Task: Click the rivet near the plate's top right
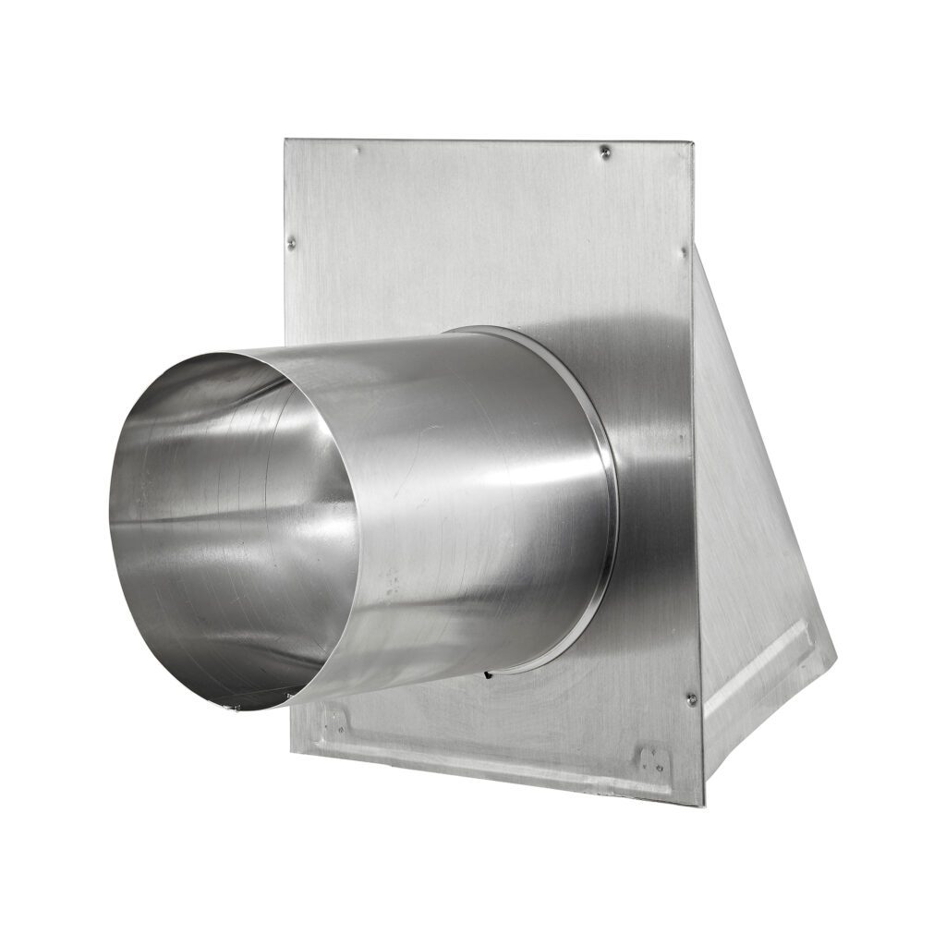click(x=605, y=150)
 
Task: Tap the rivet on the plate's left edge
click(x=292, y=242)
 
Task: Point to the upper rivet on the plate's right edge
click(x=685, y=250)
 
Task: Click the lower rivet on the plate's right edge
click(x=691, y=699)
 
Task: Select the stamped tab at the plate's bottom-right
click(x=652, y=759)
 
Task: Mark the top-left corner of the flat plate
click(x=285, y=140)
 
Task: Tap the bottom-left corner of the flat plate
click(x=291, y=750)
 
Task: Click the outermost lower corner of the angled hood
click(x=835, y=661)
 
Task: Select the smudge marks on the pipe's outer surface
click(x=393, y=582)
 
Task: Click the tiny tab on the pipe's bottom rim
click(x=231, y=707)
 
